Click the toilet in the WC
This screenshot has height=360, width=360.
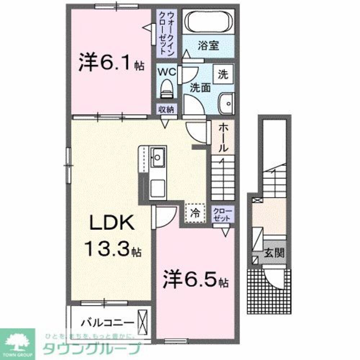[x=166, y=88]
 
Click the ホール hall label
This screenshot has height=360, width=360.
[x=222, y=137]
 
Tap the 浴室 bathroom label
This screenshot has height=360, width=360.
[x=207, y=46]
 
